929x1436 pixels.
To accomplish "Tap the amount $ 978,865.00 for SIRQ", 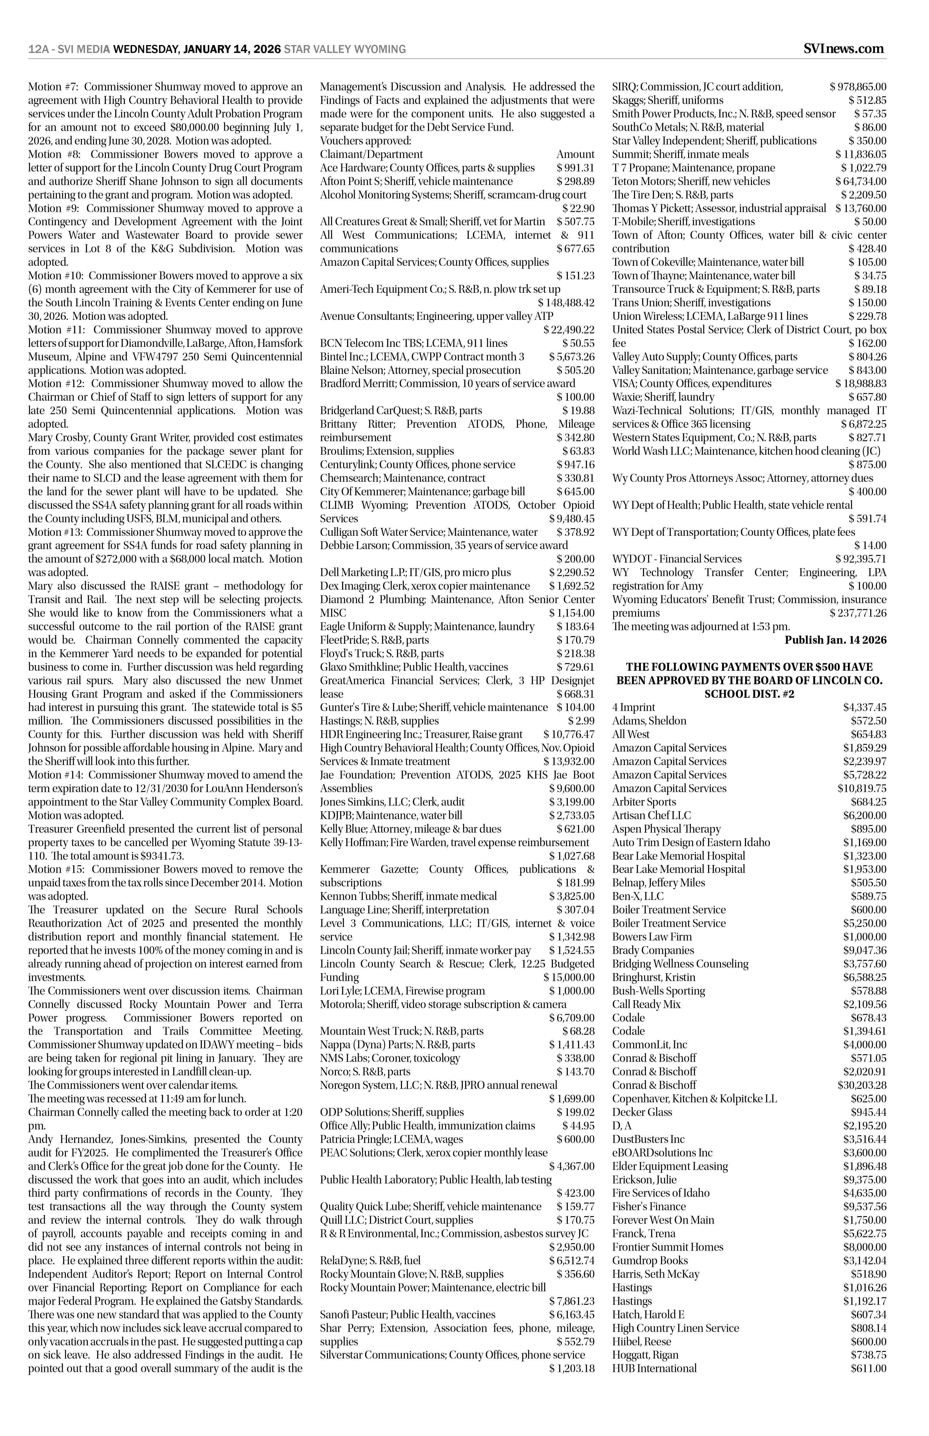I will tap(858, 87).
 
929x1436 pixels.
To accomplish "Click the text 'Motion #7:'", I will tap(53, 87).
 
